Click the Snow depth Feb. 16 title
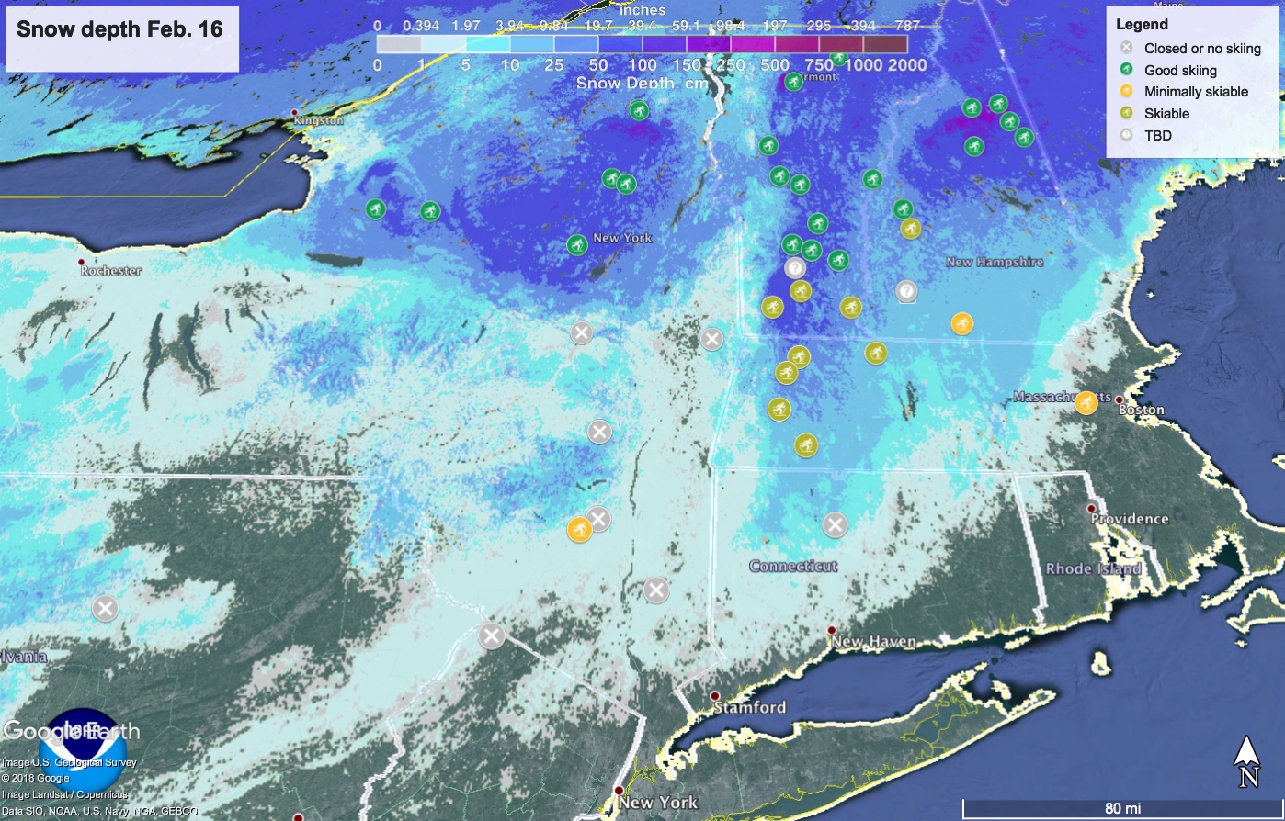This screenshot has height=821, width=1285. click(120, 28)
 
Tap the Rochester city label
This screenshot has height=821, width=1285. click(110, 271)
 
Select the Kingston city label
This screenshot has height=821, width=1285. click(318, 120)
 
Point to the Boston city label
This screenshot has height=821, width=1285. click(1142, 410)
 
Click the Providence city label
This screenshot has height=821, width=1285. click(1130, 519)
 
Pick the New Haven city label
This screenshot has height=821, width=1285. click(873, 642)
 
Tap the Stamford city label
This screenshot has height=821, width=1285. click(750, 707)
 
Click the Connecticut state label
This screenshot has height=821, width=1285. click(793, 566)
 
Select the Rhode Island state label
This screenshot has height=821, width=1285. click(1093, 569)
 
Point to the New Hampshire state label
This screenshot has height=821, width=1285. click(995, 262)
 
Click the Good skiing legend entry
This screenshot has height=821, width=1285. click(1180, 70)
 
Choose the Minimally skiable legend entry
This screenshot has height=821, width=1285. click(1196, 92)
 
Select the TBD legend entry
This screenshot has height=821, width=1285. click(1157, 135)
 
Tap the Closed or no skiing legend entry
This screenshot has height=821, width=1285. click(1202, 48)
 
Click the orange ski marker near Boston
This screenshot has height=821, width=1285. click(1086, 403)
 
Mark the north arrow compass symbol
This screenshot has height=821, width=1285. click(1246, 761)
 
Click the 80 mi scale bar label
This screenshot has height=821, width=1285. click(1122, 808)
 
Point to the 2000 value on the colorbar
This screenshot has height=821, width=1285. click(908, 64)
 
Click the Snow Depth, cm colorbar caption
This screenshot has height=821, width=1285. click(642, 84)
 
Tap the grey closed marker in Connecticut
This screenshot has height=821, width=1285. click(835, 524)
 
